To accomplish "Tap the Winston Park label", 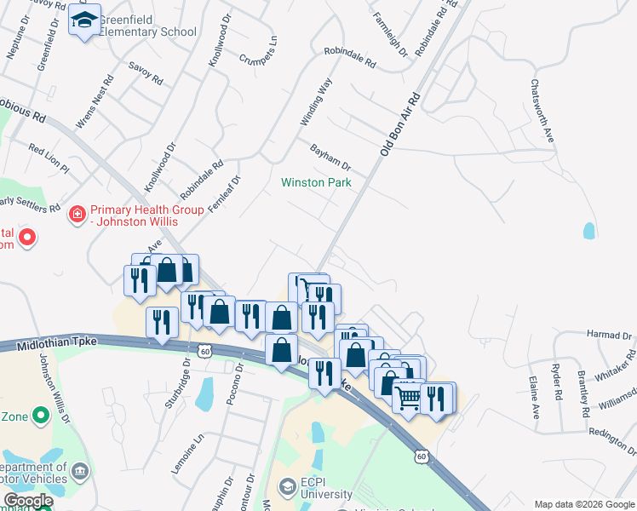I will [x=316, y=182].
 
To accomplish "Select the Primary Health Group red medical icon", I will [x=77, y=212].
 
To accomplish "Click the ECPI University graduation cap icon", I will [x=287, y=486].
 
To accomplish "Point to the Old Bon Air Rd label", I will [x=401, y=124].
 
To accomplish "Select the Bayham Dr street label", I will [x=330, y=156].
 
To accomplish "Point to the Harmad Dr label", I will [x=609, y=336].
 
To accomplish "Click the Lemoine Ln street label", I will [x=200, y=448].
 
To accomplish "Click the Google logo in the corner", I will [x=27, y=501].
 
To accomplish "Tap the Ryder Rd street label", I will [x=558, y=378].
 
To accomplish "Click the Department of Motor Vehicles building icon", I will [x=79, y=469].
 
